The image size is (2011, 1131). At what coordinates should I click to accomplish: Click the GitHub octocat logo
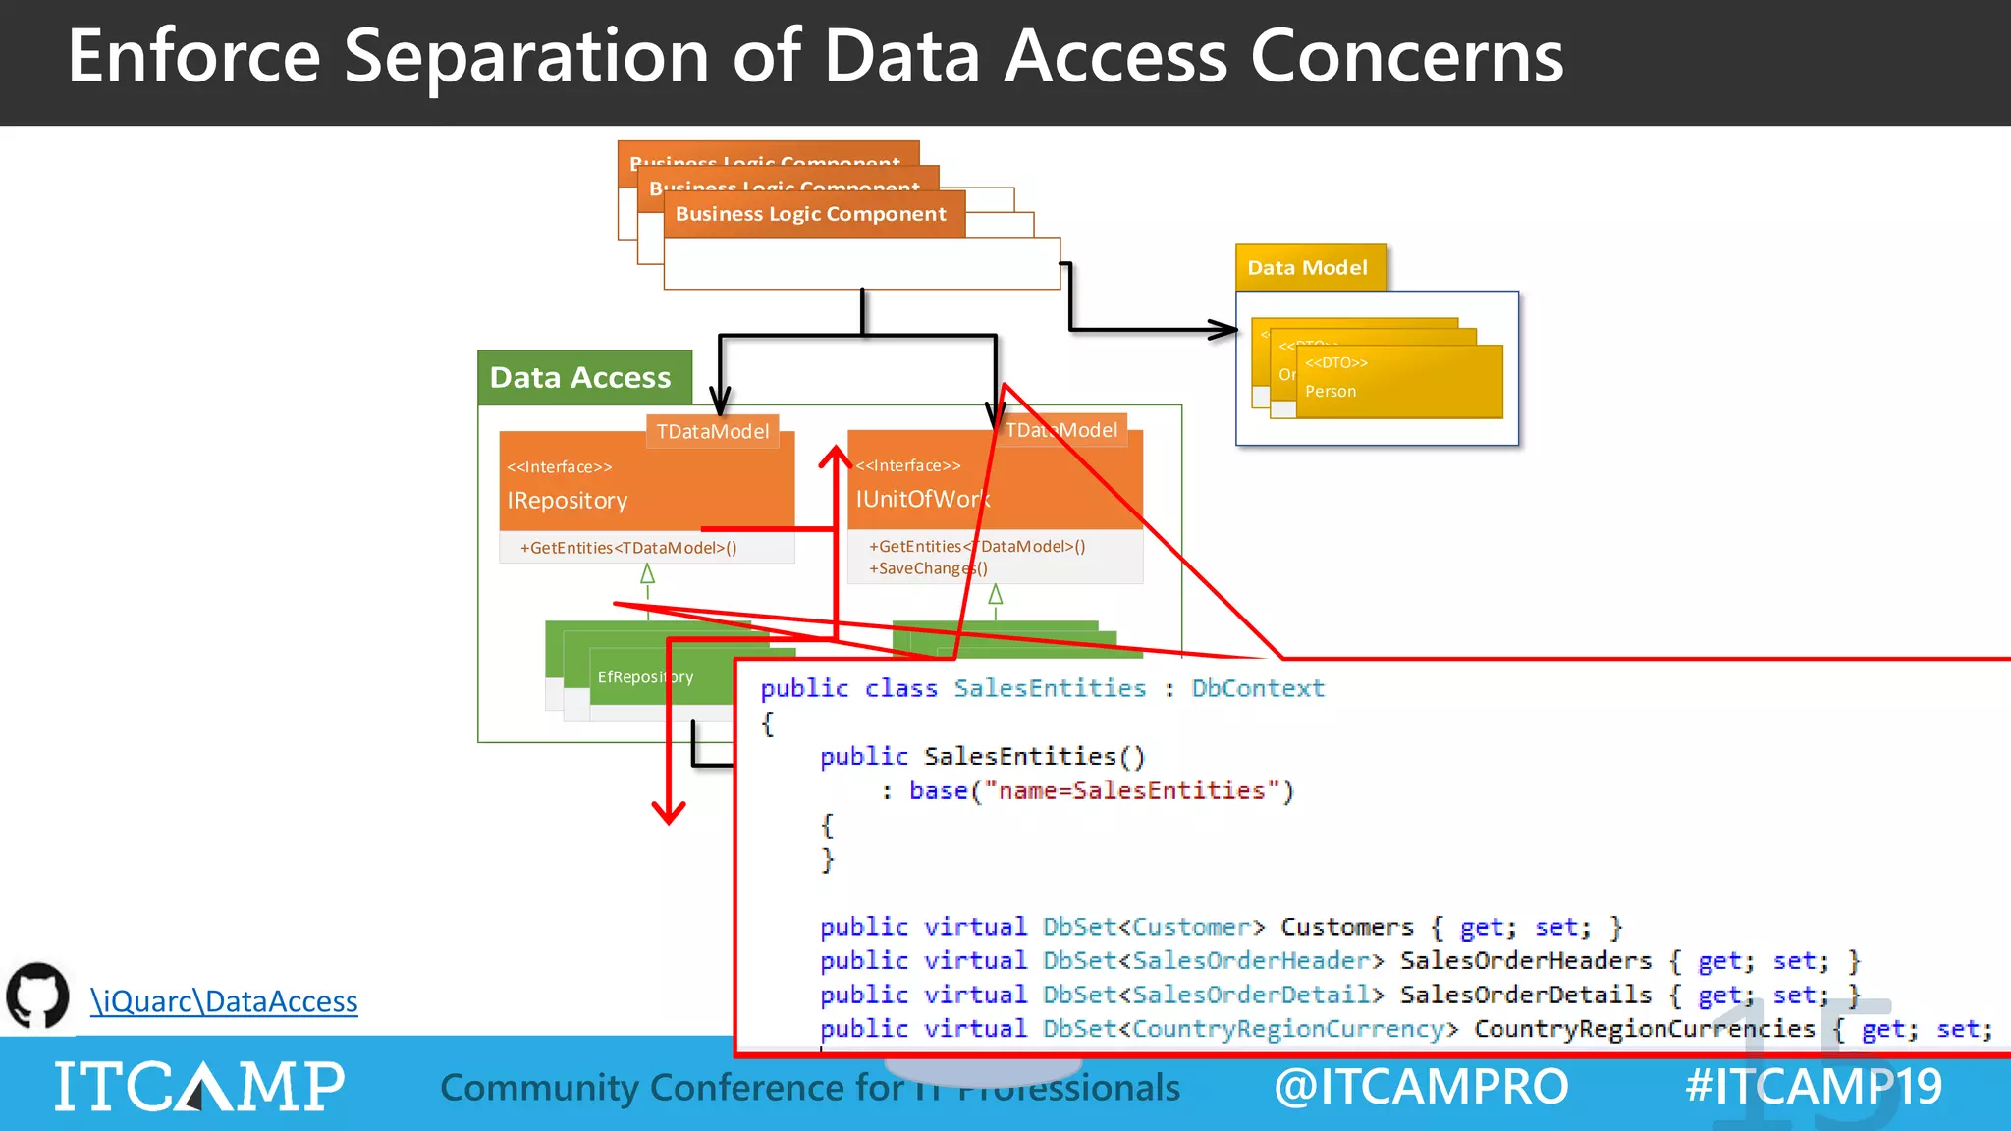37,996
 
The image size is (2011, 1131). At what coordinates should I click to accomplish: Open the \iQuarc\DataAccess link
224,1001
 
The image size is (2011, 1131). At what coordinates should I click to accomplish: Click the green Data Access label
581,378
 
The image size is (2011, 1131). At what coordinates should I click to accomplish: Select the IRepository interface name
567,501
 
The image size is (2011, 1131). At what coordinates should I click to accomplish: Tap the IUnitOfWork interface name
921,499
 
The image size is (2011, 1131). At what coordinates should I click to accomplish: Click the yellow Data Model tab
1307,268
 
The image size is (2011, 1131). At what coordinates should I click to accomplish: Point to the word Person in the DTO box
1331,391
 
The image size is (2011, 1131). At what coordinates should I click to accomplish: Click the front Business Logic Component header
810,214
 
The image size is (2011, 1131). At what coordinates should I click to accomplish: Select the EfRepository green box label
644,676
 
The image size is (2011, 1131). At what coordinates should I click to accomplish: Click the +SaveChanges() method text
928,568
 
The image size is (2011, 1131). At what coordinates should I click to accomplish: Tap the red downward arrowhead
669,812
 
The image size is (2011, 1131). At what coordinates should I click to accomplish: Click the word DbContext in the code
1257,688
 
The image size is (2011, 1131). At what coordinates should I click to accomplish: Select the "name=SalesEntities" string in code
1138,790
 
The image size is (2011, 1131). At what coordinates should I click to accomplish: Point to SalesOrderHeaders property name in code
1525,960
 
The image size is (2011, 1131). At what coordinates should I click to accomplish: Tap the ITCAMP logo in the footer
199,1086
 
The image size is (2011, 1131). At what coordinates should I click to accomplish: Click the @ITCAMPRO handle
1420,1086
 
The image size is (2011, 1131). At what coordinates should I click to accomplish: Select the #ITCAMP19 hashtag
1813,1086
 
